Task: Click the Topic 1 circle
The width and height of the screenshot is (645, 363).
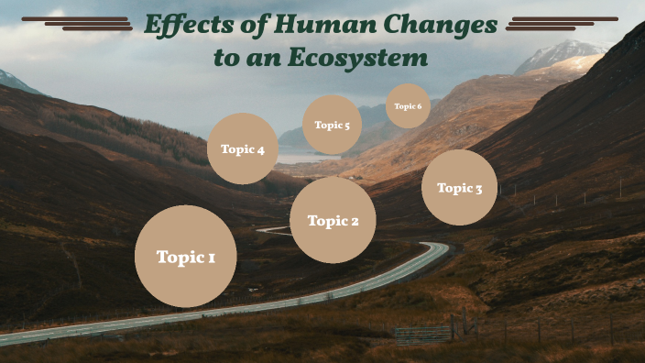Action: coord(186,257)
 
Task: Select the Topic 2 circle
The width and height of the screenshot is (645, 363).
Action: coord(333,220)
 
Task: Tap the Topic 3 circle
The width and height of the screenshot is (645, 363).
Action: coord(459,188)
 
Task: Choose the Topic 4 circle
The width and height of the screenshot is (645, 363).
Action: coord(243,149)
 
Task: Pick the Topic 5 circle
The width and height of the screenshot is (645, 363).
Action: coord(332,125)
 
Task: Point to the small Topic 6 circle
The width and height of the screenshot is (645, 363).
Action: coord(408,106)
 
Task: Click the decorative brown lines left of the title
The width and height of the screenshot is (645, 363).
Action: coord(79,23)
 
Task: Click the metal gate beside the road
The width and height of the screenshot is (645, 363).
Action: coord(423,334)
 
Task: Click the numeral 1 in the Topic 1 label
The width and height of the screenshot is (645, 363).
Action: coord(212,258)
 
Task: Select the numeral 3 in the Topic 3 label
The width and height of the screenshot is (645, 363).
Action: coord(477,189)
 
